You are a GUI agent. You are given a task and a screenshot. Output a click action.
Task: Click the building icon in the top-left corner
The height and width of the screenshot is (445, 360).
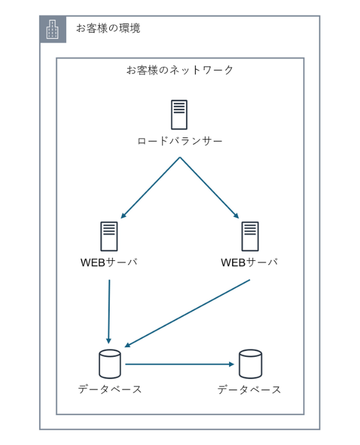(53, 29)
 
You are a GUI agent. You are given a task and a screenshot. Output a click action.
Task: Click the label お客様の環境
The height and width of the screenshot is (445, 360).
(108, 28)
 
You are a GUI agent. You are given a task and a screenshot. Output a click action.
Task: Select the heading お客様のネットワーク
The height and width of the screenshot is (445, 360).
(180, 70)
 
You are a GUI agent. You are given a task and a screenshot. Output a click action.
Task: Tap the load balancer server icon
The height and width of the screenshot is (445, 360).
(179, 115)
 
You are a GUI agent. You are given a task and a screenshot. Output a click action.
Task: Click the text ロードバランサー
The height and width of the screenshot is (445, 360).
(180, 142)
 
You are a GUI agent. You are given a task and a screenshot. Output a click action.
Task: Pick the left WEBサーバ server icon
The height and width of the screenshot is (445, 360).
(109, 236)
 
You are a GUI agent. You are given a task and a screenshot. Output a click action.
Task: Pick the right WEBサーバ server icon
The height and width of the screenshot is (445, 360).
(250, 236)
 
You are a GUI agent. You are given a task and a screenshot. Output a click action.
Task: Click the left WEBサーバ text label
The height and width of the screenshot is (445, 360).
(109, 263)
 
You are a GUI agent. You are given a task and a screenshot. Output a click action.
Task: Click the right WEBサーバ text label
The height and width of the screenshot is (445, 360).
(250, 263)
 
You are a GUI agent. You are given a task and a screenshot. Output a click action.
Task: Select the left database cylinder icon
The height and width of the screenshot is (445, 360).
(110, 363)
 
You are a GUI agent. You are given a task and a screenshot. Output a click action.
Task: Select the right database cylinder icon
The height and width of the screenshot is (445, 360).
(250, 363)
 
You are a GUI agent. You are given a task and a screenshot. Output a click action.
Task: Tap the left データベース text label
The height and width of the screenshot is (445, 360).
(110, 390)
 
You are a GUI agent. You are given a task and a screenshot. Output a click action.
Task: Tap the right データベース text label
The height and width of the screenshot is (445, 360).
(250, 390)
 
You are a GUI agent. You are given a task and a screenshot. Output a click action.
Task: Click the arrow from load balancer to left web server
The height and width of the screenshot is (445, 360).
(150, 188)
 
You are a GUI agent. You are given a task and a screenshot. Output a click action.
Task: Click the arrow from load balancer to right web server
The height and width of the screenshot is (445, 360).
(209, 188)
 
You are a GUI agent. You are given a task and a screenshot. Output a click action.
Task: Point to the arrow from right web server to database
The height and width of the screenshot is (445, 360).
(187, 313)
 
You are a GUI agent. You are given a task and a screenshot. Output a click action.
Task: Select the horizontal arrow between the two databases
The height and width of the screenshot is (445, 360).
(179, 364)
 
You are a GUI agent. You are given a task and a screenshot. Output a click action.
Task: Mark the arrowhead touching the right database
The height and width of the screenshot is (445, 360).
(231, 364)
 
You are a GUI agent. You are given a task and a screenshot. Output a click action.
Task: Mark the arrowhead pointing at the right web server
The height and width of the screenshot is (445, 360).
(236, 215)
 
